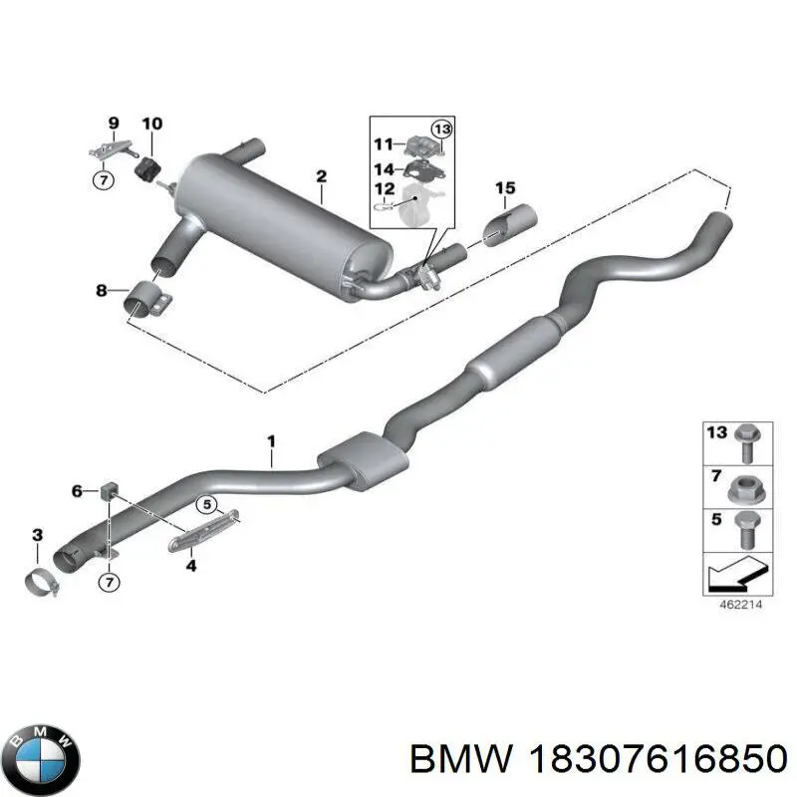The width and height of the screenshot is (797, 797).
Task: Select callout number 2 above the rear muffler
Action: pyautogui.click(x=321, y=177)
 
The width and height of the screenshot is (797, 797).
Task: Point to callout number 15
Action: pyautogui.click(x=505, y=188)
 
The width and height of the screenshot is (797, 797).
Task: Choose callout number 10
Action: pyautogui.click(x=151, y=125)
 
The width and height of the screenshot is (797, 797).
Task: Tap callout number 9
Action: pyautogui.click(x=113, y=124)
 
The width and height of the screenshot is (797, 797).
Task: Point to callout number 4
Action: pyautogui.click(x=190, y=566)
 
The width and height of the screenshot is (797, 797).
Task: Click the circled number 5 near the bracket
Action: pyautogui.click(x=206, y=504)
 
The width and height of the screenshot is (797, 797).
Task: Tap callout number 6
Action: pyautogui.click(x=78, y=489)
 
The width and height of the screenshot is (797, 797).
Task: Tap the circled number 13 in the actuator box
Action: pyautogui.click(x=441, y=128)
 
